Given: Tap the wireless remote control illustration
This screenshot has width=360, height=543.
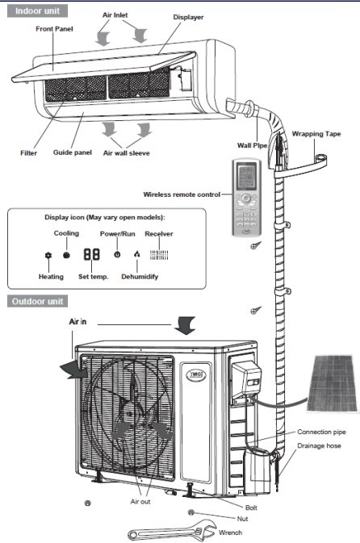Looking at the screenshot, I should coord(249,198).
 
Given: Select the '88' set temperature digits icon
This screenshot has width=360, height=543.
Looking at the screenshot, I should coord(92,253).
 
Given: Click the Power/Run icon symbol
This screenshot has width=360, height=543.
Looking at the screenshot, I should coord(118,253).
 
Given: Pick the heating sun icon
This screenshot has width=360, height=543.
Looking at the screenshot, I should coord(48,254).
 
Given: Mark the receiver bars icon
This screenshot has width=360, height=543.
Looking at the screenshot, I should coord(158,253).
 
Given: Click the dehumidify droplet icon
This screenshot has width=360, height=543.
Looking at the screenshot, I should coord(136,254).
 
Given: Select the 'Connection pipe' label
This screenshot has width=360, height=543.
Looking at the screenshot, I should coord(323,432).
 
